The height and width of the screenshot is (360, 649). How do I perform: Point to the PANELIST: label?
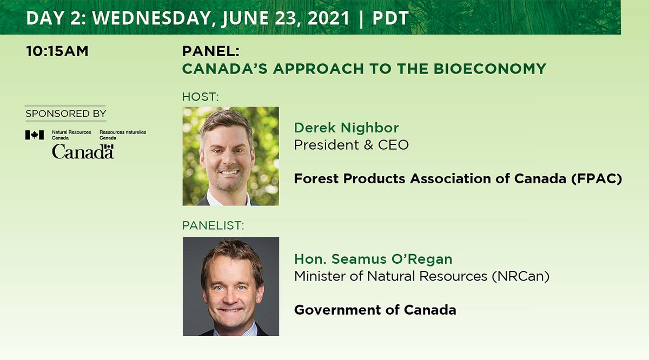pos(213,226)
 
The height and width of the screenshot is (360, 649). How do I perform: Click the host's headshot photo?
pos(231,156)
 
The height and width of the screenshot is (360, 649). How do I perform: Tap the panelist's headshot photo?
pos(231,286)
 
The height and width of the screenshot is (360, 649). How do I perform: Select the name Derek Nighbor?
pos(346,128)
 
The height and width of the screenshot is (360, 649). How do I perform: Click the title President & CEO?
pos(351,145)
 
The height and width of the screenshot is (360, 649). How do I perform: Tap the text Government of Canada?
pos(375,310)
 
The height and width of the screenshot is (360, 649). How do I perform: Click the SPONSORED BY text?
pos(65,114)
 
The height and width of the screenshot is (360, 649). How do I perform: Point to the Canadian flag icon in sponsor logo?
pos(34,135)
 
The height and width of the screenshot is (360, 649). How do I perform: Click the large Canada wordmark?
pos(83,152)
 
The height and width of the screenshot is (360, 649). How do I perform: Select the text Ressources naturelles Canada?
pos(123,135)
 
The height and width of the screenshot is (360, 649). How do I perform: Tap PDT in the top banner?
pos(390,17)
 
